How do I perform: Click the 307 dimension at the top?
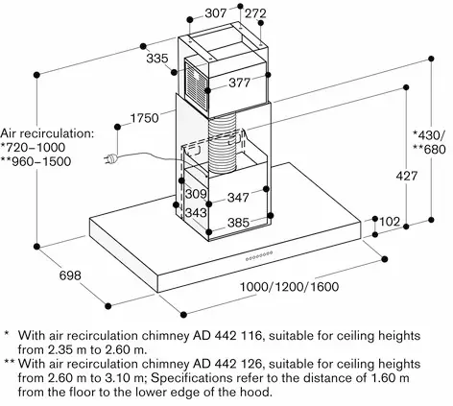coord(215,13)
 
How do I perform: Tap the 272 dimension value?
coord(255,13)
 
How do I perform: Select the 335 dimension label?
coord(157,59)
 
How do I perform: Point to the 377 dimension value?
coord(239,83)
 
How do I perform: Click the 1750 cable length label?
coord(145,118)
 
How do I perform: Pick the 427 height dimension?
coord(407,176)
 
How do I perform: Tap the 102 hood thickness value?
coord(390,222)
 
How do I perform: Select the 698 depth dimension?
coord(70,275)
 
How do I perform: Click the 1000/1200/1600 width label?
coord(289,286)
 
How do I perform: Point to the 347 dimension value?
coord(238,198)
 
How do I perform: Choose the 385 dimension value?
coord(238,223)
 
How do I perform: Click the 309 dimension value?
coord(196,194)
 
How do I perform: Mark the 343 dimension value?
coord(196,212)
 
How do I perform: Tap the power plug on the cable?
coord(110,159)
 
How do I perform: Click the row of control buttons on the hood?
coord(259,255)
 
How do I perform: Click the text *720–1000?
coord(33,148)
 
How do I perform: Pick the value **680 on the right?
coord(429,150)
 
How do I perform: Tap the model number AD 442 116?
coord(227,336)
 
